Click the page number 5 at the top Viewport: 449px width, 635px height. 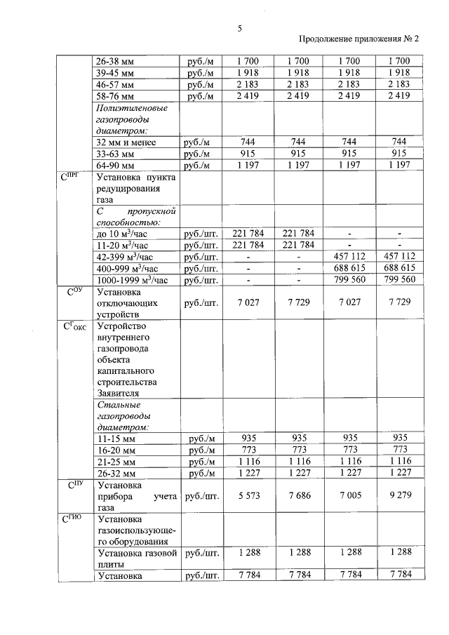[239, 28]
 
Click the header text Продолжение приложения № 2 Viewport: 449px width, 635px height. [358, 40]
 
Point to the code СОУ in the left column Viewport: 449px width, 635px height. [74, 292]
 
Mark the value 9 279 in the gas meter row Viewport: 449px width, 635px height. [398, 496]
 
